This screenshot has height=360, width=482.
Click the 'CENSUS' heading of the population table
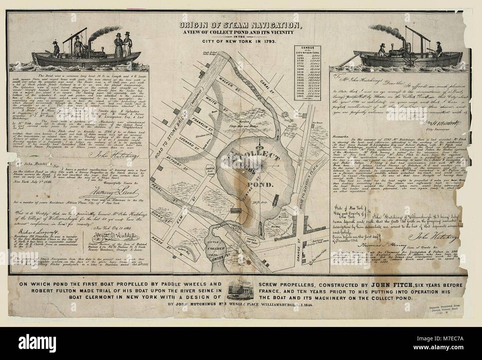click(x=306, y=48)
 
